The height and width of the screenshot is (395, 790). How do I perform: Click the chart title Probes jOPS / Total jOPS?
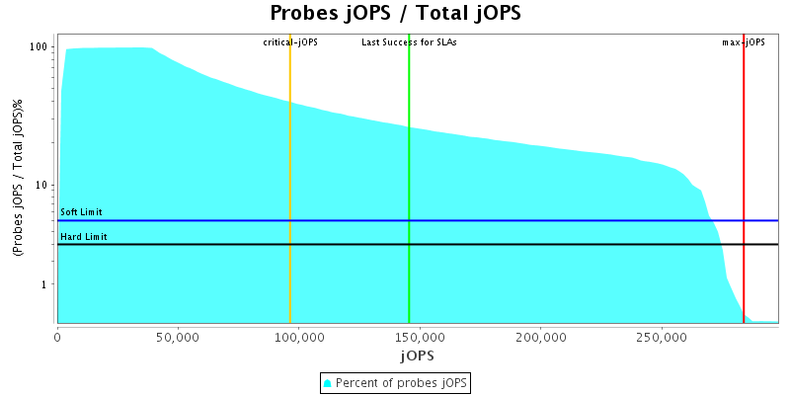[395, 14]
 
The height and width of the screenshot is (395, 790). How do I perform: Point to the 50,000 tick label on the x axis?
[178, 337]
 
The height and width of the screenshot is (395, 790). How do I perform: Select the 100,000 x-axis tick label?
[298, 337]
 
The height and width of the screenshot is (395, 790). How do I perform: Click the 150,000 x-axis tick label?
[420, 337]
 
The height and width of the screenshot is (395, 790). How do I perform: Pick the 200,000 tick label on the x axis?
[540, 337]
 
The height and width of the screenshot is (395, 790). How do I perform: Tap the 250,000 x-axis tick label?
[661, 337]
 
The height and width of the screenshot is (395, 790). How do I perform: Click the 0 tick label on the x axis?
[57, 337]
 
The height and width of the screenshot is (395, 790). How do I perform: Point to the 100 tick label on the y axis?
[39, 47]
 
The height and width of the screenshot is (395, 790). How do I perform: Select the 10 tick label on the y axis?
[42, 186]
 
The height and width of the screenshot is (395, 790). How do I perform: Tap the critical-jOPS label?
[290, 42]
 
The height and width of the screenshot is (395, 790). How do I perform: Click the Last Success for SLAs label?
[409, 42]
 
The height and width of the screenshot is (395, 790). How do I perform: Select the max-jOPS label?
[744, 42]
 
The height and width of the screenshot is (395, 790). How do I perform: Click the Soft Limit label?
[81, 212]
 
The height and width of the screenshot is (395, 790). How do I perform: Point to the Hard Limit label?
[84, 237]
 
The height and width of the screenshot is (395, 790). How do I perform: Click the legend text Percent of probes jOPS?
[402, 382]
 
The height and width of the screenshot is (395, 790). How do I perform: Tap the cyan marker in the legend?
[328, 382]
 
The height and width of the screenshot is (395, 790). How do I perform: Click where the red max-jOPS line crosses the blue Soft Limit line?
[744, 220]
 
